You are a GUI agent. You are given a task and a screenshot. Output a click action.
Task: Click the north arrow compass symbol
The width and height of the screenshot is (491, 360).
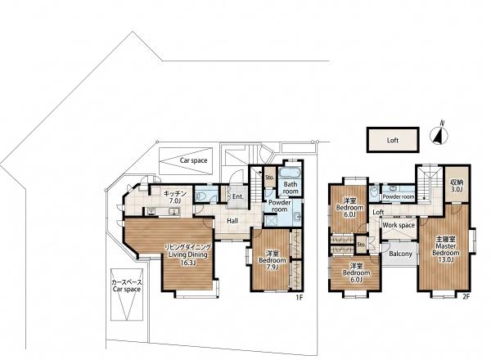(439, 134)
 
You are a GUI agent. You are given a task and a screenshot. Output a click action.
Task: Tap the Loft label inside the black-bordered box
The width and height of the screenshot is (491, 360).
(392, 140)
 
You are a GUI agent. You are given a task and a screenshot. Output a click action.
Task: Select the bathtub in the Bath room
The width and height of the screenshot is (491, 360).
(290, 173)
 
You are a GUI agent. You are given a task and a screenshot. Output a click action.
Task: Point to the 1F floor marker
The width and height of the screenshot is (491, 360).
(299, 298)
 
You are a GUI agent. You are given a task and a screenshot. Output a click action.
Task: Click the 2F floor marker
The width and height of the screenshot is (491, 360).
(466, 297)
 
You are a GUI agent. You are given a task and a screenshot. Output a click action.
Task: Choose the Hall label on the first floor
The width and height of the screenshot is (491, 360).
(232, 221)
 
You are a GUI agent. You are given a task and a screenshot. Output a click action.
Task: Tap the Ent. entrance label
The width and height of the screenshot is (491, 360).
(238, 196)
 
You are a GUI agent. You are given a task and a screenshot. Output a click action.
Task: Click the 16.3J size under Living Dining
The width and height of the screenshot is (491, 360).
(187, 263)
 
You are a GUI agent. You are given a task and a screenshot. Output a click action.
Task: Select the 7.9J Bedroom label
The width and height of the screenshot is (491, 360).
(272, 260)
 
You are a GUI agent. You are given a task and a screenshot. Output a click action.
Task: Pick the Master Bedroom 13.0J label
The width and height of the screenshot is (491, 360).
(446, 250)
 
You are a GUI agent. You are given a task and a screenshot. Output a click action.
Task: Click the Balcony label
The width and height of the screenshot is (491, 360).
(400, 254)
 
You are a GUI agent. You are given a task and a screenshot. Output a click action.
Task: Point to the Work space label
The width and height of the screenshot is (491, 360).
(399, 225)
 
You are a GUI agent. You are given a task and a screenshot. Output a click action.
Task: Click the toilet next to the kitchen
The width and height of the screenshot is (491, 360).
(200, 197)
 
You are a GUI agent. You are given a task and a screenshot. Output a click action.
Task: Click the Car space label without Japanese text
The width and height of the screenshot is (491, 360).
(193, 160)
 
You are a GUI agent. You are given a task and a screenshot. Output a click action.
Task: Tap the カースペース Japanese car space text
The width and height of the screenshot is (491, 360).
(127, 281)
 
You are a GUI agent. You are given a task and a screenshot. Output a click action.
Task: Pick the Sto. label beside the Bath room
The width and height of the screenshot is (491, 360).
(269, 178)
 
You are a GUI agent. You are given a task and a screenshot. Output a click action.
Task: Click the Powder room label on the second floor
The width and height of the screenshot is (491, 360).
(399, 197)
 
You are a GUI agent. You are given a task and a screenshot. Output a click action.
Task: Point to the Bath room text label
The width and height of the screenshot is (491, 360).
(291, 187)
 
